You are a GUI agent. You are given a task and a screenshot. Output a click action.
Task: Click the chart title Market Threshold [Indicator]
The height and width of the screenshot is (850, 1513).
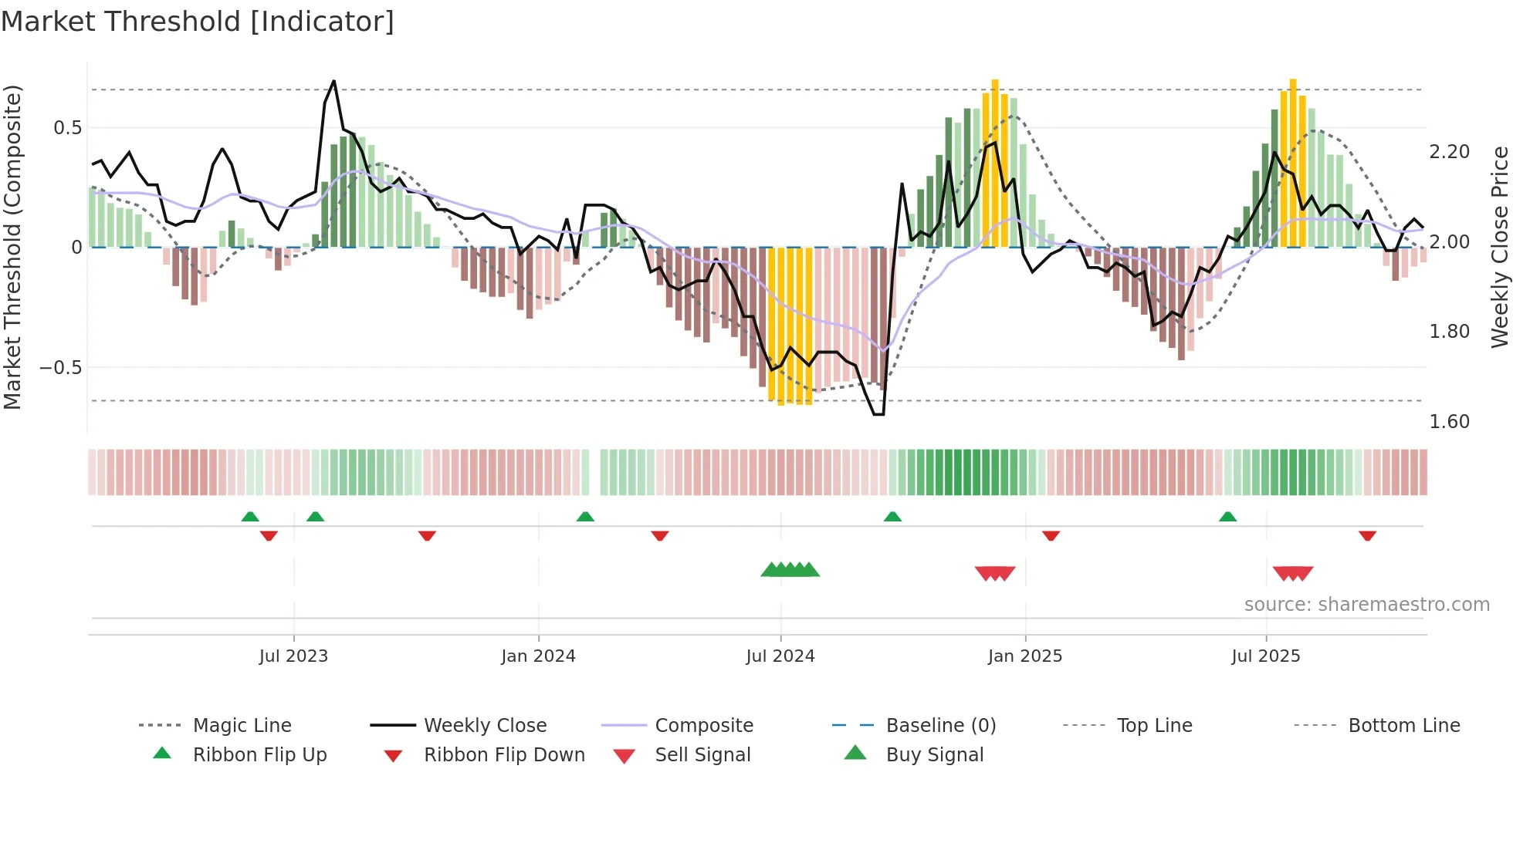pyautogui.click(x=198, y=22)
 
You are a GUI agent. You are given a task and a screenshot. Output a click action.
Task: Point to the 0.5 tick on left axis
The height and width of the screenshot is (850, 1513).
pyautogui.click(x=68, y=128)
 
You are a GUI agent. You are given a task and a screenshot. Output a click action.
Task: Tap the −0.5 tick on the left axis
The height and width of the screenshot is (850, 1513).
pyautogui.click(x=61, y=368)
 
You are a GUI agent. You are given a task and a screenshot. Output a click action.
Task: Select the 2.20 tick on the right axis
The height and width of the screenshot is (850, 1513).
pyautogui.click(x=1449, y=152)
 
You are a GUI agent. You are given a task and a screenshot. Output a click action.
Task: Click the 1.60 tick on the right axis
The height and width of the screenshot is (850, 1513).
pyautogui.click(x=1449, y=422)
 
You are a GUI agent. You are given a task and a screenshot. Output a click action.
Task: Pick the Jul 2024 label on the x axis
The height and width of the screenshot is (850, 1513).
pyautogui.click(x=780, y=656)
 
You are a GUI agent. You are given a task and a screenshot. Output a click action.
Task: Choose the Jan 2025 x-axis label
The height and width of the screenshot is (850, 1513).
pyautogui.click(x=1024, y=656)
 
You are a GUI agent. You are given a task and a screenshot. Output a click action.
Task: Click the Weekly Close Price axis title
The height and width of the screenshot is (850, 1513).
pyautogui.click(x=1498, y=247)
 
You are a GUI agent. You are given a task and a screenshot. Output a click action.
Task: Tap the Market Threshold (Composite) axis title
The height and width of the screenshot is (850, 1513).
pyautogui.click(x=12, y=247)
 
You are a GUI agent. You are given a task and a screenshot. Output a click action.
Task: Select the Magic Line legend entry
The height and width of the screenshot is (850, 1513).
pyautogui.click(x=242, y=726)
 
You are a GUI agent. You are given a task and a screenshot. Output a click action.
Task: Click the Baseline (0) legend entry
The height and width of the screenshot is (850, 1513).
pyautogui.click(x=940, y=726)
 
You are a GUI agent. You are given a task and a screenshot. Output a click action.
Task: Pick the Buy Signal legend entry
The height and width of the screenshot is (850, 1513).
pyautogui.click(x=934, y=755)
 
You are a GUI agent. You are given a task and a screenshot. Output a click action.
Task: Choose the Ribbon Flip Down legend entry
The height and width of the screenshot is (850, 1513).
pyautogui.click(x=503, y=755)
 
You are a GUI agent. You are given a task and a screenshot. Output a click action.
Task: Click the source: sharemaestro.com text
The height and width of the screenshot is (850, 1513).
pyautogui.click(x=1366, y=605)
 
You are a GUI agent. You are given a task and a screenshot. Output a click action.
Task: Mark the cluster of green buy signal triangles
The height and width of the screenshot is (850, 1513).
pyautogui.click(x=790, y=571)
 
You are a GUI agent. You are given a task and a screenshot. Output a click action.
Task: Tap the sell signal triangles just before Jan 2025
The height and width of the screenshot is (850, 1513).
pyautogui.click(x=994, y=573)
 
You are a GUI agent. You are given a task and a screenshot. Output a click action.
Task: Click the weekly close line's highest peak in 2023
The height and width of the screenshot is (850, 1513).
pyautogui.click(x=333, y=81)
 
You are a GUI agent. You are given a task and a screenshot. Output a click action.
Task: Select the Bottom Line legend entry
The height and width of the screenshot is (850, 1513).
pyautogui.click(x=1403, y=726)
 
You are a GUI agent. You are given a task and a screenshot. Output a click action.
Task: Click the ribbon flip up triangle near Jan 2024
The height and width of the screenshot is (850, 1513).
pyautogui.click(x=585, y=517)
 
